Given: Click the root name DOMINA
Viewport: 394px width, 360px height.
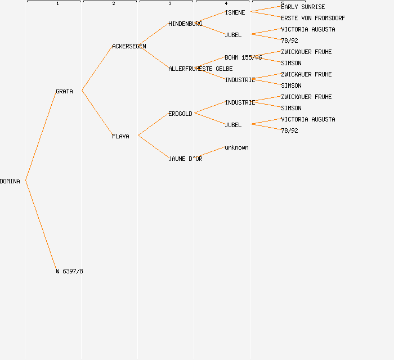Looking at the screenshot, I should (10, 181).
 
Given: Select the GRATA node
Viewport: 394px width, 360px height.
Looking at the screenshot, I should (64, 91).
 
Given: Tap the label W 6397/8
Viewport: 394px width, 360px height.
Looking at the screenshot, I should (69, 271).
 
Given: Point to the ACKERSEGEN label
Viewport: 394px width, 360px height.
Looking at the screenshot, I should (129, 46).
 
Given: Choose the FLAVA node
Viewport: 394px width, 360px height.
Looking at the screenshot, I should (120, 136).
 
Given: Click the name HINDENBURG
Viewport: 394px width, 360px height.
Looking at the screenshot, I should (185, 24).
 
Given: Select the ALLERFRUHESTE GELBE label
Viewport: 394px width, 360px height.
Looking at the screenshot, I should (200, 69).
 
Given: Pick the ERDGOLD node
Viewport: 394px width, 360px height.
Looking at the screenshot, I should (180, 114).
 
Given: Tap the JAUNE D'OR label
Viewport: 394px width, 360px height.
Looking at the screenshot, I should (185, 159).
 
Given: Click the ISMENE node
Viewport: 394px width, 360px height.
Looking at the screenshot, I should (235, 12).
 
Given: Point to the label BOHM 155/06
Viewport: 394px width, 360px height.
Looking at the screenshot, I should (243, 57).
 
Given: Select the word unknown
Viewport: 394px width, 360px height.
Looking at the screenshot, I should (236, 147).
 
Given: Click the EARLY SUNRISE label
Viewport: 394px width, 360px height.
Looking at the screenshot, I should (303, 7).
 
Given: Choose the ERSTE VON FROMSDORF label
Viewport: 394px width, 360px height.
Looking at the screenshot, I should (313, 18).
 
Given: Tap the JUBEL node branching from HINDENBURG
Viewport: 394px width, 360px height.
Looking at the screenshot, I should (233, 35).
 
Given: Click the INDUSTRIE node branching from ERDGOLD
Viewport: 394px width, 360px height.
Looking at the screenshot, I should (240, 102).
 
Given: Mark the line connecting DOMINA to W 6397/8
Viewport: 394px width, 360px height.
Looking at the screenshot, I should (41, 225).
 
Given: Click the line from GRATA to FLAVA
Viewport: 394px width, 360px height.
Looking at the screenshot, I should (96, 112).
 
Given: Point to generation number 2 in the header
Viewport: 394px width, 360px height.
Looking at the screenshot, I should (113, 3).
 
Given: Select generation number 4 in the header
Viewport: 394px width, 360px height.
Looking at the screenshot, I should (226, 3).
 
